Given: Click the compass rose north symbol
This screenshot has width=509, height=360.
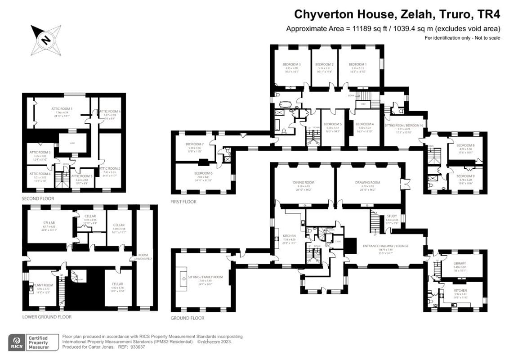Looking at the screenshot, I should (x=45, y=40).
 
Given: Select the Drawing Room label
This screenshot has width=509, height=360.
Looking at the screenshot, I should (x=368, y=183).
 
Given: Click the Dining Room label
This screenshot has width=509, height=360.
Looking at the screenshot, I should (x=302, y=183).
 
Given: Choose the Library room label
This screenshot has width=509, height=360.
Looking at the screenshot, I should (x=460, y=263).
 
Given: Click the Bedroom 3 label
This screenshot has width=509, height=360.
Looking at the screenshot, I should (x=291, y=65).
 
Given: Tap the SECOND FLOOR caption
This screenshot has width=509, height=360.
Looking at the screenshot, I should (x=38, y=198).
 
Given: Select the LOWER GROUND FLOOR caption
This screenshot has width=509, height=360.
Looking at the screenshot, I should (x=47, y=317).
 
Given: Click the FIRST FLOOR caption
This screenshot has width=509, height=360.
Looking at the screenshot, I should (x=183, y=202).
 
